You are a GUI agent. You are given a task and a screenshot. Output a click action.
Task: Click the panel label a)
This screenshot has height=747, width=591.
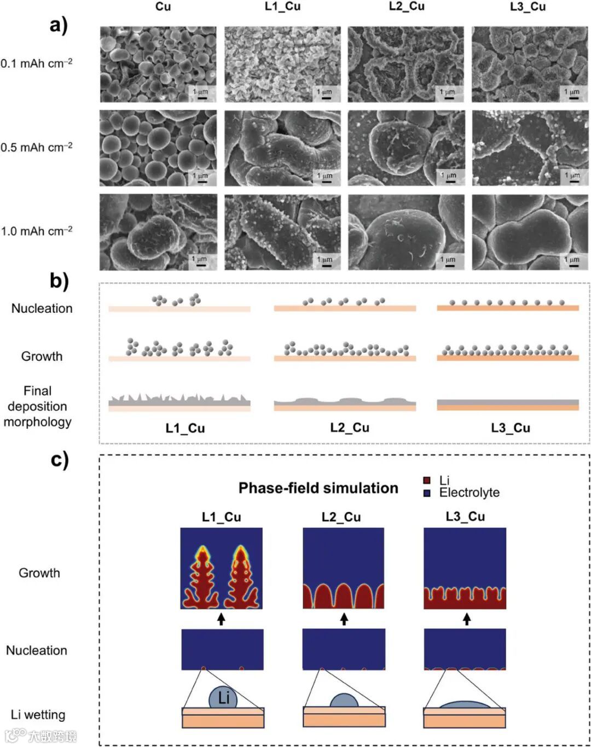(x=58, y=25)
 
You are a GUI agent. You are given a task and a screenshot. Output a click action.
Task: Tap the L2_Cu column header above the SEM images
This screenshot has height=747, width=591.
(x=407, y=7)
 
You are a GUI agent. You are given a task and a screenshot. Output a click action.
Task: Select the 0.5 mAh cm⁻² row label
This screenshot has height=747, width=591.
(x=37, y=147)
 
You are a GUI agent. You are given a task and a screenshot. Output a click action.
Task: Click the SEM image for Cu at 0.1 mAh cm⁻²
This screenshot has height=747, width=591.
(x=158, y=64)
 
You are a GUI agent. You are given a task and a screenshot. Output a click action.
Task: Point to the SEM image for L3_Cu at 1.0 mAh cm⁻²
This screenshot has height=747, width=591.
(x=530, y=232)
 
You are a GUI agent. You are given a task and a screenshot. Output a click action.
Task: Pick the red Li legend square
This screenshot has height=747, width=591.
(x=427, y=481)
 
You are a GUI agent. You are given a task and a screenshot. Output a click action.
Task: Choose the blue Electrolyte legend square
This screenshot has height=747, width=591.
(x=427, y=493)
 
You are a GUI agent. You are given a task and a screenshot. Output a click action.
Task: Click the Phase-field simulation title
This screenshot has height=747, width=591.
(x=318, y=488)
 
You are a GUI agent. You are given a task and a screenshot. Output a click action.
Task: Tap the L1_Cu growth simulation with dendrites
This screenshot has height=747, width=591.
(x=222, y=568)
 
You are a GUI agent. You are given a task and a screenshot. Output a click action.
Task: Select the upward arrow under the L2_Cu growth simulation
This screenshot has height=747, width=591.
(x=344, y=619)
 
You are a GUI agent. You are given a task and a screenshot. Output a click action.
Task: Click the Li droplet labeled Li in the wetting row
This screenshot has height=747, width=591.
(x=223, y=697)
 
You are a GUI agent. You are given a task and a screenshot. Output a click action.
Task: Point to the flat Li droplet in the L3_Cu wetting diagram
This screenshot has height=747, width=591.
(x=465, y=704)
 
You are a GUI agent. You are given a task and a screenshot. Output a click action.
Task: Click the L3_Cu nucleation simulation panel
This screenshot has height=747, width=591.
(x=465, y=650)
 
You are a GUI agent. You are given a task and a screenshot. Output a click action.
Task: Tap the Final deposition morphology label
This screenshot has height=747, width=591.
(x=37, y=406)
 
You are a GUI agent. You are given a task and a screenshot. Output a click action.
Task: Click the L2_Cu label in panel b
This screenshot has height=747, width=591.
(x=350, y=428)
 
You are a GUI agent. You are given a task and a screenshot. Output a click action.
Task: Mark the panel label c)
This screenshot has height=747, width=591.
(x=59, y=459)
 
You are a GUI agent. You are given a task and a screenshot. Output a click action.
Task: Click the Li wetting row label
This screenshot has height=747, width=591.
(x=38, y=715)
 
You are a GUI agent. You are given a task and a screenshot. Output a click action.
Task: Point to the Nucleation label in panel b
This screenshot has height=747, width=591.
(x=42, y=308)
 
